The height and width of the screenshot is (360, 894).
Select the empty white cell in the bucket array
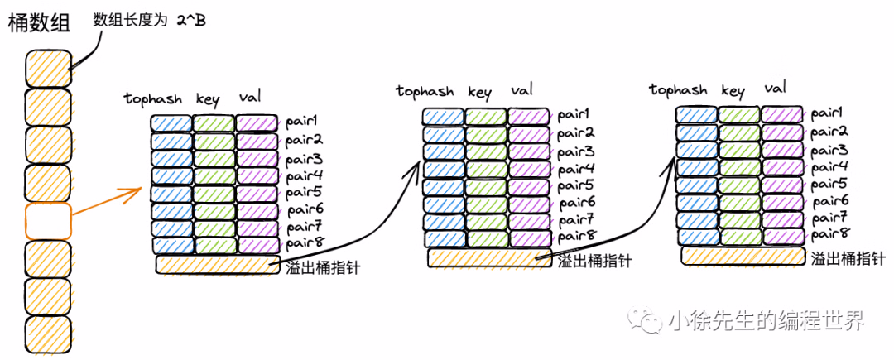pyautogui.click(x=48, y=221)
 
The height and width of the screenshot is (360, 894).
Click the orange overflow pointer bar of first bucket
pyautogui.click(x=218, y=265)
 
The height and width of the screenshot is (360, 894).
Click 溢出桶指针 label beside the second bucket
pyautogui.click(x=594, y=262)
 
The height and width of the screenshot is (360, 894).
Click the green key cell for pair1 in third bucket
pyautogui.click(x=738, y=115)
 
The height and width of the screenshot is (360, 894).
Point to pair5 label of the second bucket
pyautogui.click(x=576, y=185)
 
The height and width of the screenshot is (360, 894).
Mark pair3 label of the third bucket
pyautogui.click(x=828, y=150)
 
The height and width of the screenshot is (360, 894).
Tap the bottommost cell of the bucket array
pyautogui.click(x=48, y=333)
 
